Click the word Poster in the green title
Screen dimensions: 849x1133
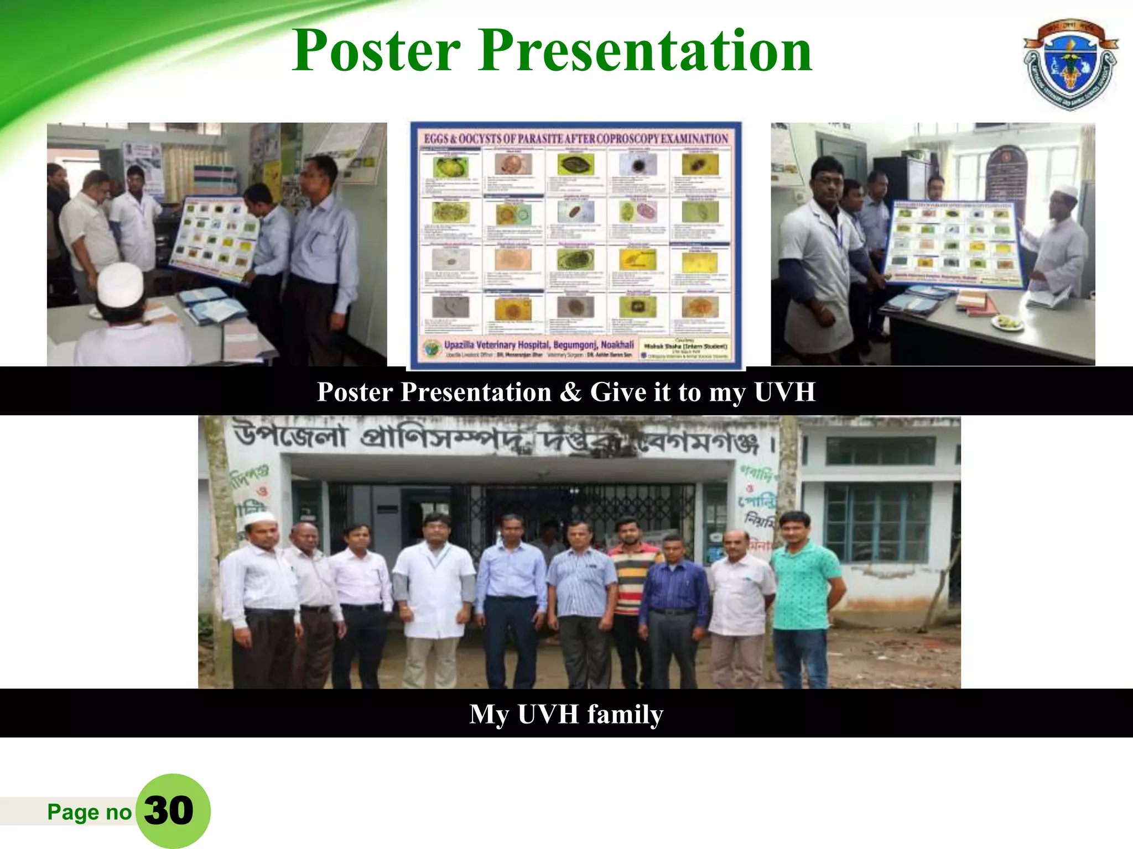tap(376, 51)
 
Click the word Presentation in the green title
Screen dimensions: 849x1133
tap(645, 51)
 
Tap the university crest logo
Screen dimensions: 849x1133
tap(1070, 64)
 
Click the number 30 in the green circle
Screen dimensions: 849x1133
tap(169, 811)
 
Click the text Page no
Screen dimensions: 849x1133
tap(89, 812)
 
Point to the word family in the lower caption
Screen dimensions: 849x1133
tap(625, 714)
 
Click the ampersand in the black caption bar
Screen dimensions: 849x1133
tap(570, 392)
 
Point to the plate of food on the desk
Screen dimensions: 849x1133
tap(1008, 322)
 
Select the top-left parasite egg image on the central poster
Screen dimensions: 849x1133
tap(450, 166)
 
